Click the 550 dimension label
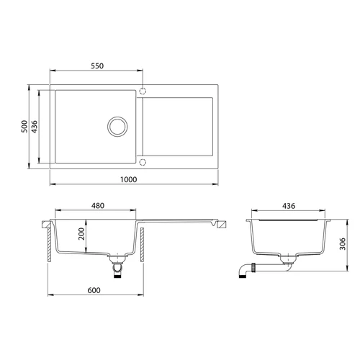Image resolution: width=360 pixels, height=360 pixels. pyautogui.click(x=98, y=66)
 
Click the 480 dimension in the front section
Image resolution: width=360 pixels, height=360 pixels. pyautogui.click(x=98, y=206)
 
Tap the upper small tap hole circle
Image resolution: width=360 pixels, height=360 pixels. pyautogui.click(x=143, y=91)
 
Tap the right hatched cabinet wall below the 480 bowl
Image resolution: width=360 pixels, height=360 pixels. pyautogui.click(x=144, y=246)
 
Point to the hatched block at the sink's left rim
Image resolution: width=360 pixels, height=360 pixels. pyautogui.click(x=44, y=225)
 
